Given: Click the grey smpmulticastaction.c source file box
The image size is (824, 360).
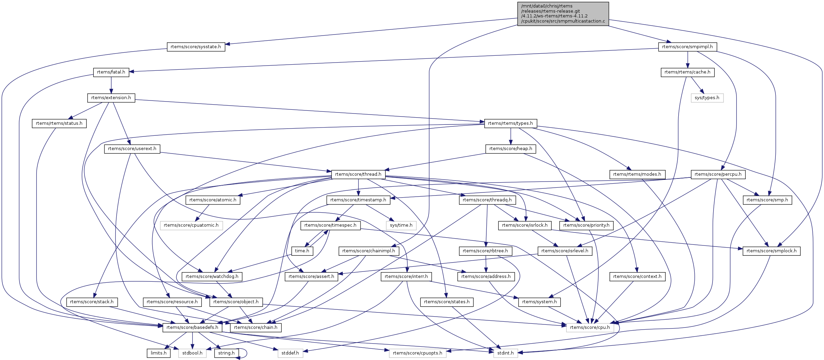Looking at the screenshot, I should tap(563, 14).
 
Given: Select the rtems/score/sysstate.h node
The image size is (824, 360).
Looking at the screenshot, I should tap(196, 47).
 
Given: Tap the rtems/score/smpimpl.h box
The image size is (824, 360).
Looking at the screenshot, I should tap(687, 47).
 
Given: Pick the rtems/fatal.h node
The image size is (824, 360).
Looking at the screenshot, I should tap(111, 72).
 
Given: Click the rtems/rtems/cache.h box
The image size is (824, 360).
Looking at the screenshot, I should tap(687, 72).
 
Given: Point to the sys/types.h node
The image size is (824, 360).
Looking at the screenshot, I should tap(707, 98).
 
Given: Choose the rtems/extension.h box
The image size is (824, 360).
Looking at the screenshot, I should tap(111, 98).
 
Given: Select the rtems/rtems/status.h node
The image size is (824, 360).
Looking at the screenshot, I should tap(59, 123).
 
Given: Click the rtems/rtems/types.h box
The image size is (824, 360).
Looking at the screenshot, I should tap(510, 123).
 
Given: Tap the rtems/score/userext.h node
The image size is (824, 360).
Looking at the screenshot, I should tap(132, 149).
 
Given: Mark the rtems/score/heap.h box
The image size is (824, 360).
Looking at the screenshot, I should tap(510, 149).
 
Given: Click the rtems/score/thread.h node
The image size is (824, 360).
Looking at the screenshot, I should tap(358, 174).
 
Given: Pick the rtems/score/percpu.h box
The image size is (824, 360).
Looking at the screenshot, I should tap(718, 174).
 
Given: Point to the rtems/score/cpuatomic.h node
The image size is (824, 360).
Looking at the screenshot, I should tap(191, 225).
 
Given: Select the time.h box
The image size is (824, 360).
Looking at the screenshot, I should tap(302, 251).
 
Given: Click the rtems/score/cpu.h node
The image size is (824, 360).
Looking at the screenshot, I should tap(590, 328).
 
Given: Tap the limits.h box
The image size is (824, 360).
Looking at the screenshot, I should tap(158, 353).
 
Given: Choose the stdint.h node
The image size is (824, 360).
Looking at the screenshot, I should tap(505, 353).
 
